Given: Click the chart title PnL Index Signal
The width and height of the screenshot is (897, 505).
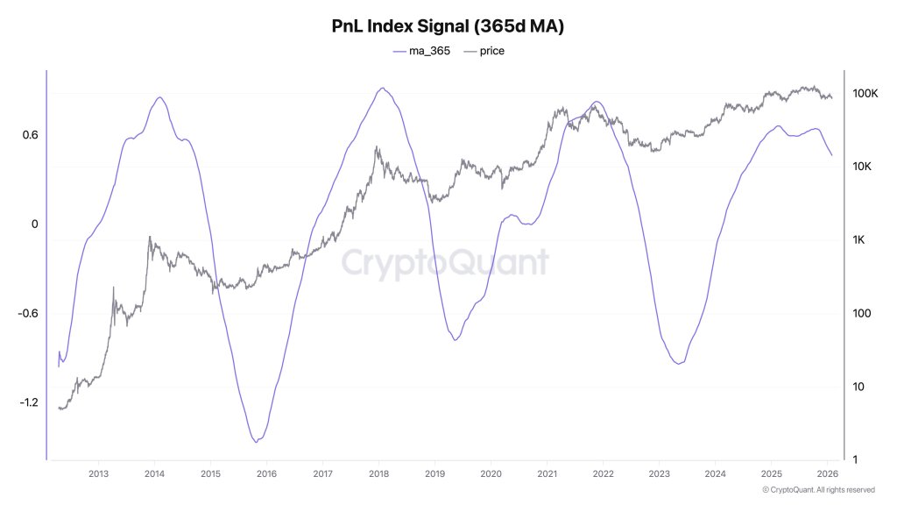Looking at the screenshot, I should pyautogui.click(x=448, y=26).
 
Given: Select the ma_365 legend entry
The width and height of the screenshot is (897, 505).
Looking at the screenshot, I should pyautogui.click(x=421, y=51).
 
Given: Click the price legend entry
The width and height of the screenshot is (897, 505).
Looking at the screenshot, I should pyautogui.click(x=484, y=51).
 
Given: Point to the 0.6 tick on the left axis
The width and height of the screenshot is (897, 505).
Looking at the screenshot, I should pyautogui.click(x=30, y=135).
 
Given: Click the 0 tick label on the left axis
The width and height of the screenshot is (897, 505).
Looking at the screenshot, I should pyautogui.click(x=34, y=224).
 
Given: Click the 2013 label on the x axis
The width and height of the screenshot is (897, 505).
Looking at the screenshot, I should pyautogui.click(x=98, y=474).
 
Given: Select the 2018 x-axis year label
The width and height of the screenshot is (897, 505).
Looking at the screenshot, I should pyautogui.click(x=378, y=474).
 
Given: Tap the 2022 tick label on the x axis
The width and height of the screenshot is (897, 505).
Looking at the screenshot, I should pyautogui.click(x=603, y=474).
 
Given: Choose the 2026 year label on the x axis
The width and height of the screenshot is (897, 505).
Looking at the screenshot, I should pyautogui.click(x=827, y=474).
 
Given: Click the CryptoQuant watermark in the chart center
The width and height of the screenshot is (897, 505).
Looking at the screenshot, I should pyautogui.click(x=444, y=262).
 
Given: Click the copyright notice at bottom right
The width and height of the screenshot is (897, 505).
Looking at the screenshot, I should pyautogui.click(x=818, y=489).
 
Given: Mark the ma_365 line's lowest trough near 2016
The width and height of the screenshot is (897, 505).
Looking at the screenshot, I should pyautogui.click(x=257, y=441).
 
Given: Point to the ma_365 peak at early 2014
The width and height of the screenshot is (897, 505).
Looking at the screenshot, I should pyautogui.click(x=159, y=97).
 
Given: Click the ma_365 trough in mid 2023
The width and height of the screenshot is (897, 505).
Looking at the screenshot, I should pyautogui.click(x=679, y=363).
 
